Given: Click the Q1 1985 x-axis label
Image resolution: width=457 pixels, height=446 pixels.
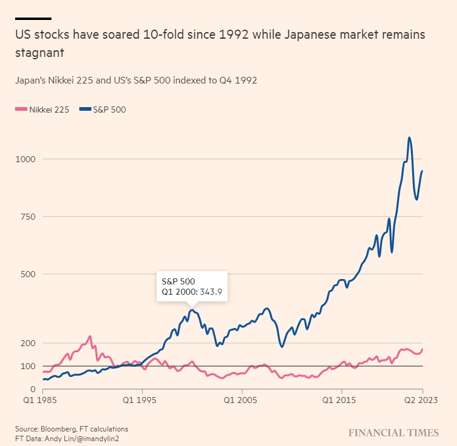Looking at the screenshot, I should click(43, 401).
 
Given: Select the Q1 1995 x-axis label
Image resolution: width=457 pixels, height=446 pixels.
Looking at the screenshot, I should click(142, 401).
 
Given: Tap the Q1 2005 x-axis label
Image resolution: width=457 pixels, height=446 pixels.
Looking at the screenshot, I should click(242, 401).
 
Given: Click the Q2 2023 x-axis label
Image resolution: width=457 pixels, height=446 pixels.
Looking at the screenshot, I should click(422, 401).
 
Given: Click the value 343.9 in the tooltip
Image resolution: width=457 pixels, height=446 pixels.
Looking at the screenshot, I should click(210, 292).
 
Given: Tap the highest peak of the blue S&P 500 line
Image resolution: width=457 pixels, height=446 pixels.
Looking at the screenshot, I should click(410, 137).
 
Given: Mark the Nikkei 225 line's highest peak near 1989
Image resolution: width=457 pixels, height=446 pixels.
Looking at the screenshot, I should click(90, 336).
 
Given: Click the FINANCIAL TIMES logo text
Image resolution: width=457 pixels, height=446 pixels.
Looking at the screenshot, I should click(393, 432).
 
